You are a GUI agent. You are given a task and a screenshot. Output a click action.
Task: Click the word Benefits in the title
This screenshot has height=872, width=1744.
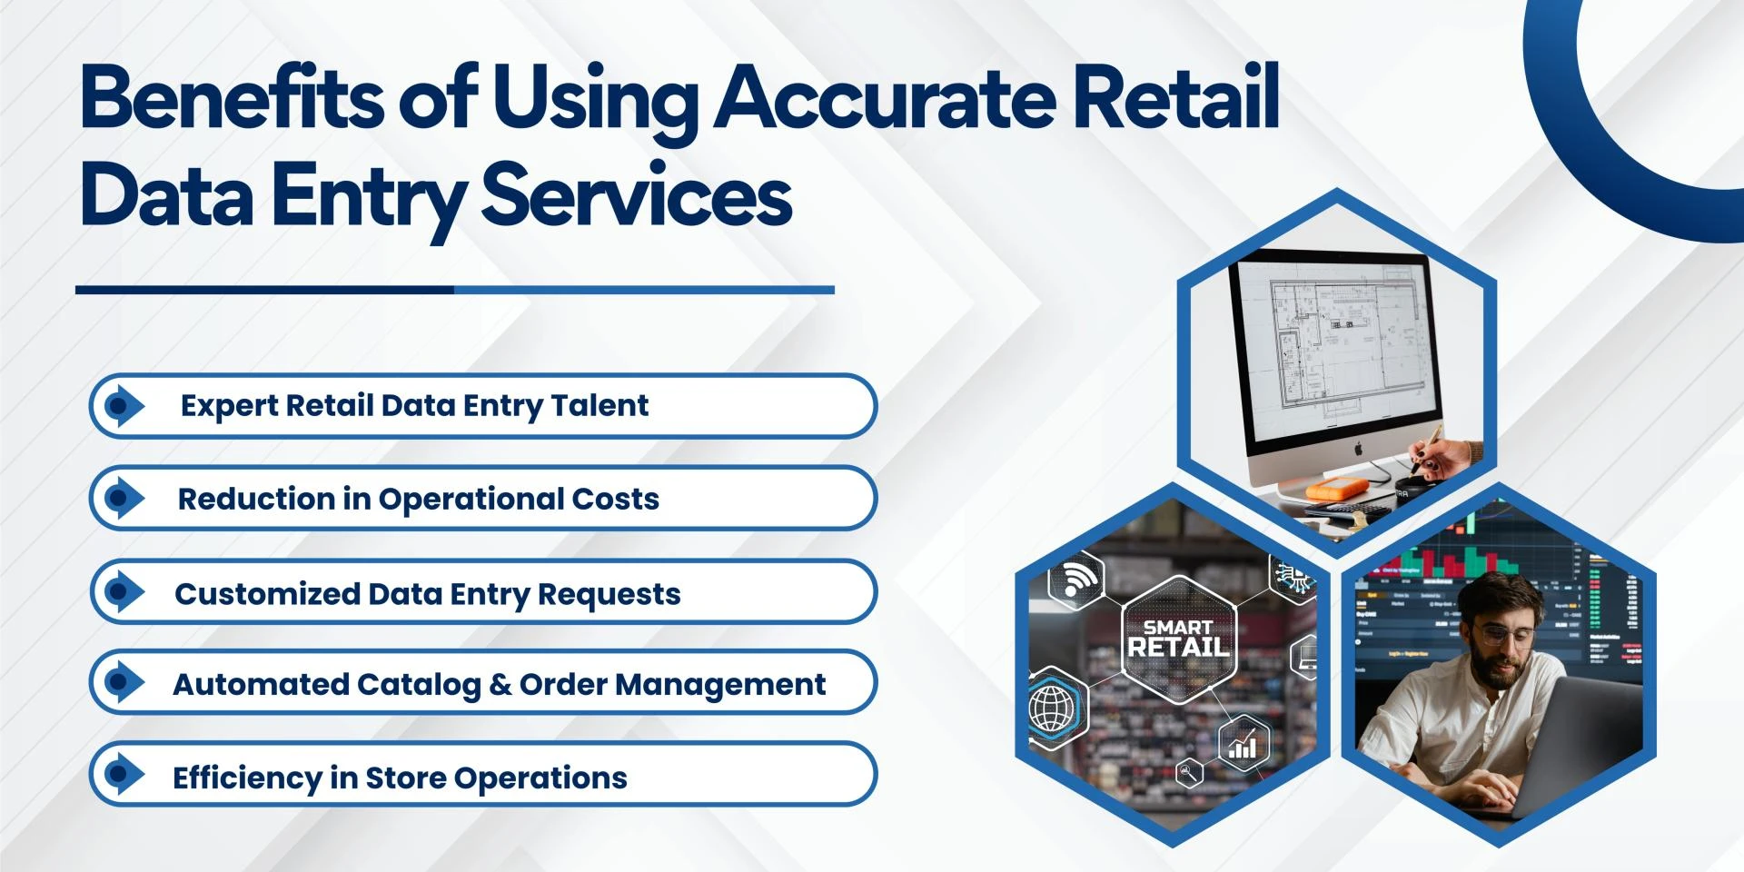click(232, 98)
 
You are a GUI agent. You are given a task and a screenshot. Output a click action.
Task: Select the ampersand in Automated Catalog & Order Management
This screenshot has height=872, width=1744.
click(500, 684)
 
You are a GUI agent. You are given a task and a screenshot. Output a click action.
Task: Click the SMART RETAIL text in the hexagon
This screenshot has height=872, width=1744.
click(1178, 639)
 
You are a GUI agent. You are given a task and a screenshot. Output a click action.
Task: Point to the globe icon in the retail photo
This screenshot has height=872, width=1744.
click(1053, 708)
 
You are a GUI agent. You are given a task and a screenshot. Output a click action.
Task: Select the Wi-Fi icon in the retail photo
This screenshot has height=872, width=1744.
click(1077, 578)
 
